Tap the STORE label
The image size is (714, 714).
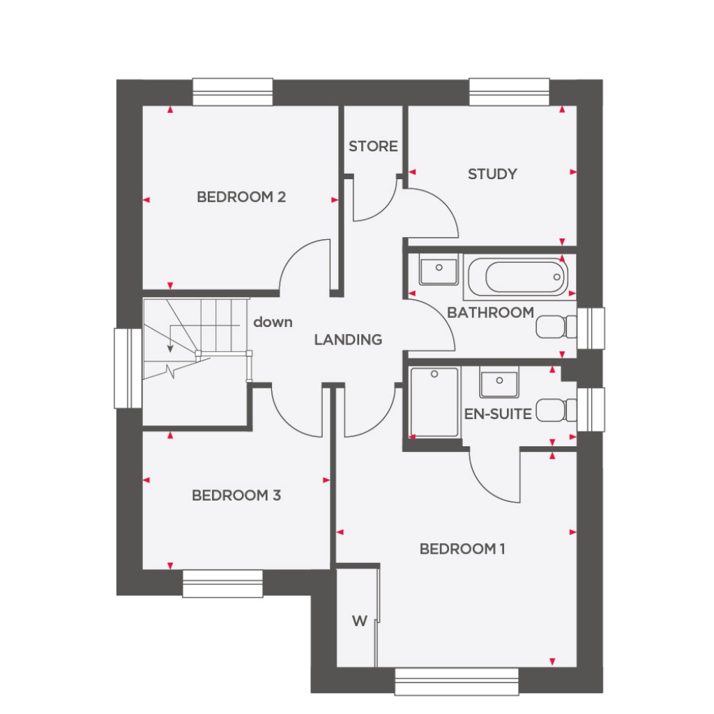coord(373,146)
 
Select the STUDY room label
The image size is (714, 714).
coord(492,174)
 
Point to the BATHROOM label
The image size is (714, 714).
coord(490,312)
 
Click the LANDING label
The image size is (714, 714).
coord(348,340)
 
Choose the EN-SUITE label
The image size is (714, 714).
coord(498,414)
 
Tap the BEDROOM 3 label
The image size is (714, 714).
coord(236,496)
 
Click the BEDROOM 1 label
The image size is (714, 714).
coord(462,549)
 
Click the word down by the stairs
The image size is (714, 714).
coord(273,322)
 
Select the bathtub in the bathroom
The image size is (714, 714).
coord(515,276)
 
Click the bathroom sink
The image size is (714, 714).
coord(439,270)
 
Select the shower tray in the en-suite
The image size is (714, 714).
coord(434,402)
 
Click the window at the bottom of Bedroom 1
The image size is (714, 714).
coord(457,681)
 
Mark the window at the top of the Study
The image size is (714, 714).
coord(509,92)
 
